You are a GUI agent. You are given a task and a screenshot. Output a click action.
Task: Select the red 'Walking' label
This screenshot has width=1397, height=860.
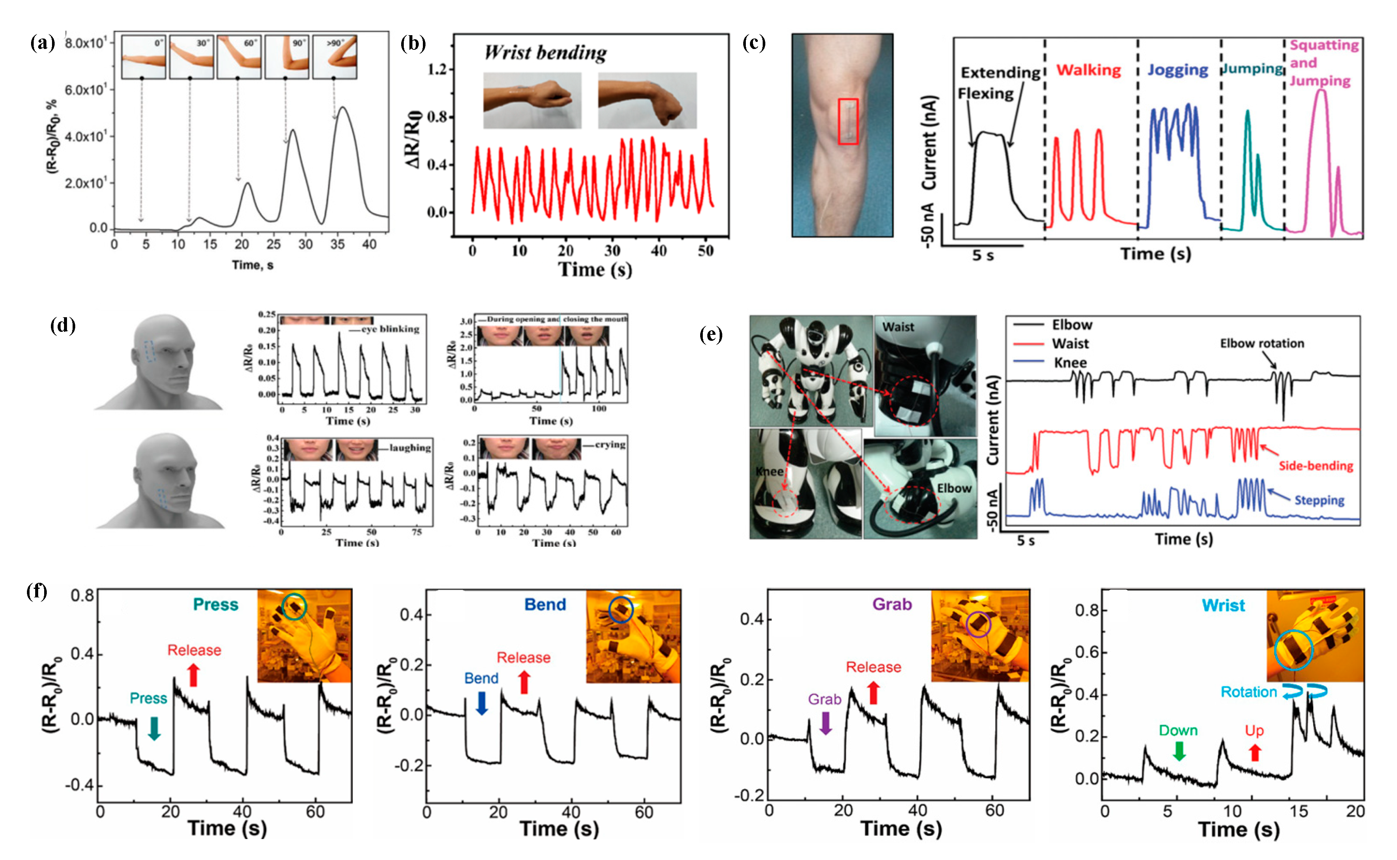pyautogui.click(x=1088, y=70)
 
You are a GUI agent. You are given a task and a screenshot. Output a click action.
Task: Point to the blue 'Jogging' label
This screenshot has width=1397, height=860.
pyautogui.click(x=1177, y=70)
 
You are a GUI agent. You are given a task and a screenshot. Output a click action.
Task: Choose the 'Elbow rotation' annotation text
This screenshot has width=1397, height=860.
pyautogui.click(x=1262, y=343)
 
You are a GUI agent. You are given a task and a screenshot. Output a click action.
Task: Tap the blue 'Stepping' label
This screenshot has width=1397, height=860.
pyautogui.click(x=1319, y=501)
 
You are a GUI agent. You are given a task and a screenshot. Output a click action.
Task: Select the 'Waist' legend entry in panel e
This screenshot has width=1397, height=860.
pyautogui.click(x=1070, y=343)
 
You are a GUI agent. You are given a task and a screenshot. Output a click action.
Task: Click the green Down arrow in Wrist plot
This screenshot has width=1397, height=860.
pyautogui.click(x=1179, y=752)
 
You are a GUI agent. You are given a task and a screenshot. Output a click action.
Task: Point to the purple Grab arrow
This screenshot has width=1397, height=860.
pyautogui.click(x=825, y=723)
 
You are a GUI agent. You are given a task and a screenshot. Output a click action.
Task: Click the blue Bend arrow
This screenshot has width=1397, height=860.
pyautogui.click(x=481, y=703)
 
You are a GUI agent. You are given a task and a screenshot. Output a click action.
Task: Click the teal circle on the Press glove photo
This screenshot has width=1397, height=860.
pyautogui.click(x=294, y=606)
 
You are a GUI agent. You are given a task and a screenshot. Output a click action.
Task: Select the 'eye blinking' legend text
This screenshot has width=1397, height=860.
pyautogui.click(x=390, y=329)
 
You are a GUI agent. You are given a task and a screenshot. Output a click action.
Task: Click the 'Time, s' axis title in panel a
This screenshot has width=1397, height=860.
pyautogui.click(x=252, y=265)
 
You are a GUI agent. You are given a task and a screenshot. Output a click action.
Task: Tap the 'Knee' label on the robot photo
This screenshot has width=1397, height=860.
pyautogui.click(x=769, y=471)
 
